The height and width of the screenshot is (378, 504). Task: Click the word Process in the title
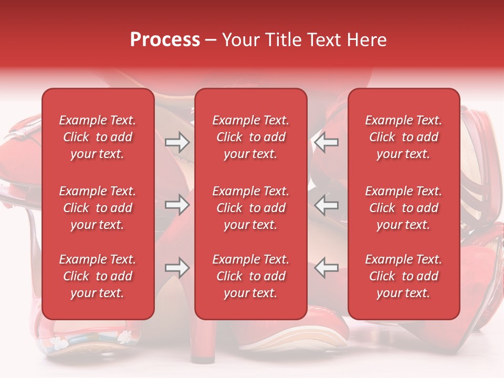165,40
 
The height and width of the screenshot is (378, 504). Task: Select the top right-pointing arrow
177,142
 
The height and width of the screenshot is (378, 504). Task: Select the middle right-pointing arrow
177,205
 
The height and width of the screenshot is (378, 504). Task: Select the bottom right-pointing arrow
177,268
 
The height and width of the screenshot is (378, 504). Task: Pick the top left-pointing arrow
327,142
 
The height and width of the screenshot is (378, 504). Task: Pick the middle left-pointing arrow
327,205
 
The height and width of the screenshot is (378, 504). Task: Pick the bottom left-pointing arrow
327,268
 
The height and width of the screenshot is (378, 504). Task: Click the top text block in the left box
98,137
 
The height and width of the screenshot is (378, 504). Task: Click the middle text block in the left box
98,208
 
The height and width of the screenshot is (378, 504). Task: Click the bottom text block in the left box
98,276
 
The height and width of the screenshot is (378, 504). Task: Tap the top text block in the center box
250,137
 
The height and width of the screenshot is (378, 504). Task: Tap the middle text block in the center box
250,208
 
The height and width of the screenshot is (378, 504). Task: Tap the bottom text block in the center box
250,276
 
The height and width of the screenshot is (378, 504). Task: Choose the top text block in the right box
403,137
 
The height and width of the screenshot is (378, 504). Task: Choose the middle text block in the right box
403,208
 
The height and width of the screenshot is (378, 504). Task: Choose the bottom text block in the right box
403,276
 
